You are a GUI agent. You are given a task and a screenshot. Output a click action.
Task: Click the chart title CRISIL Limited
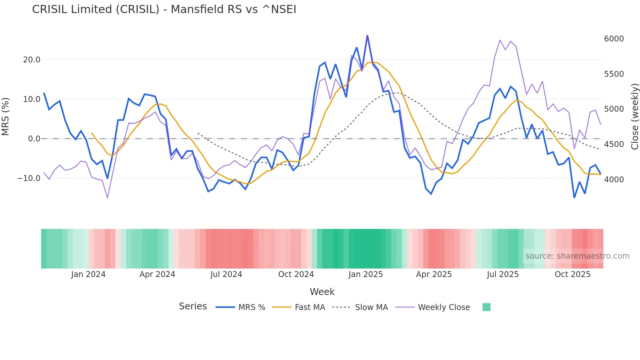(x=164, y=9)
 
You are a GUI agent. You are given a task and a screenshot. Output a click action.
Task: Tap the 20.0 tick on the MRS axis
(x=32, y=60)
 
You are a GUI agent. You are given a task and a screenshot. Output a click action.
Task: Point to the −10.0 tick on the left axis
(x=29, y=178)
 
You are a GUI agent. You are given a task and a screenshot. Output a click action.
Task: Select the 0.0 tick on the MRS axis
(x=34, y=139)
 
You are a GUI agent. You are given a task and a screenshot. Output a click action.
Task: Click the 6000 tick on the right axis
(x=614, y=39)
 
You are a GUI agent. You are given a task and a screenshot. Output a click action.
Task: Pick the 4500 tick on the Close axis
(x=614, y=144)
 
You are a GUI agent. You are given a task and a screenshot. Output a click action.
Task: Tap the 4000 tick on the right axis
(x=614, y=180)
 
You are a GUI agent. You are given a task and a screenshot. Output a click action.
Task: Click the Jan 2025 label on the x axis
(x=365, y=274)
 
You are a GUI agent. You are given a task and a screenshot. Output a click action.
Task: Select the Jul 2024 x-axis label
(x=226, y=274)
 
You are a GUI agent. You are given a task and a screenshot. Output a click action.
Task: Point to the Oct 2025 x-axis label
(x=572, y=274)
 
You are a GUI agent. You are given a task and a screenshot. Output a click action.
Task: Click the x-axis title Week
(x=322, y=292)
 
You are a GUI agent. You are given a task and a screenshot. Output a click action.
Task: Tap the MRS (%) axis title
(x=6, y=116)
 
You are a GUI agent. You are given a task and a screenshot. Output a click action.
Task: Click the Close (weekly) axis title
(x=634, y=116)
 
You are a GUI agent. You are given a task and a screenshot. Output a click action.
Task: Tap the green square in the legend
(x=486, y=307)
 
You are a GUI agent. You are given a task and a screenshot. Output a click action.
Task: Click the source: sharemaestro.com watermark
(x=577, y=256)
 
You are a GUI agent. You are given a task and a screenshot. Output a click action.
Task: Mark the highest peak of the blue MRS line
(x=367, y=36)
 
